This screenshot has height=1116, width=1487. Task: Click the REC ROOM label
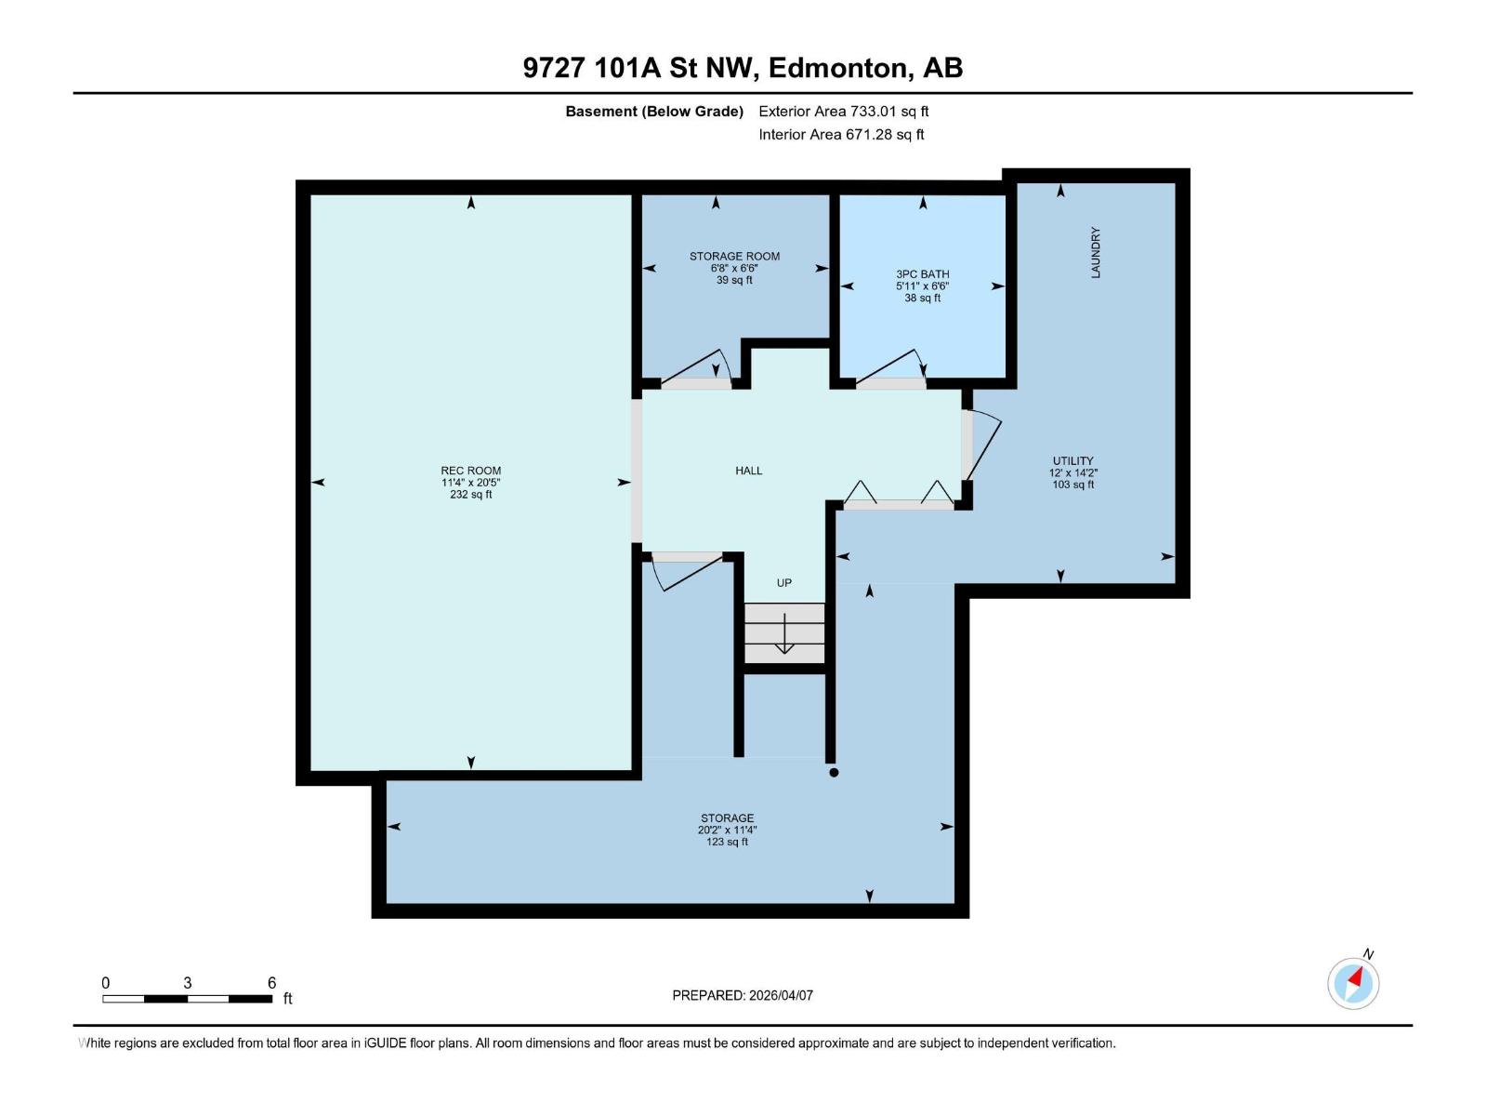pyautogui.click(x=470, y=471)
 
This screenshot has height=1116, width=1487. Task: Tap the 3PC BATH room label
pyautogui.click(x=922, y=274)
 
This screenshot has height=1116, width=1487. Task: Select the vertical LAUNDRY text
pyautogui.click(x=1096, y=252)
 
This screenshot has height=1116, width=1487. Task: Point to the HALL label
pyautogui.click(x=748, y=471)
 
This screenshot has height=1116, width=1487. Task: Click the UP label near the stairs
pyautogui.click(x=783, y=583)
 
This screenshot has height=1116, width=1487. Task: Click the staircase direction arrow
pyautogui.click(x=783, y=635)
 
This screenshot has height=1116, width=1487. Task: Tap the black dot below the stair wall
pyautogui.click(x=834, y=772)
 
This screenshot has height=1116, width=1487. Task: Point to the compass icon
pyautogui.click(x=1353, y=983)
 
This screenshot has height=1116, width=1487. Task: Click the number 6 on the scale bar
pyautogui.click(x=271, y=983)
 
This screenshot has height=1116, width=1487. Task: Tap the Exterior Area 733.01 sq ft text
pyautogui.click(x=843, y=112)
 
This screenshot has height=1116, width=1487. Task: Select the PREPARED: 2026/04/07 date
pyautogui.click(x=743, y=995)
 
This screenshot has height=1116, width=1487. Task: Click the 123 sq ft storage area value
pyautogui.click(x=727, y=843)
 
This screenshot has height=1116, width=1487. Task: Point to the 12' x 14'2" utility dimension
pyautogui.click(x=1073, y=472)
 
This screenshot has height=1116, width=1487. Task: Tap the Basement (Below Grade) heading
pyautogui.click(x=654, y=112)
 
